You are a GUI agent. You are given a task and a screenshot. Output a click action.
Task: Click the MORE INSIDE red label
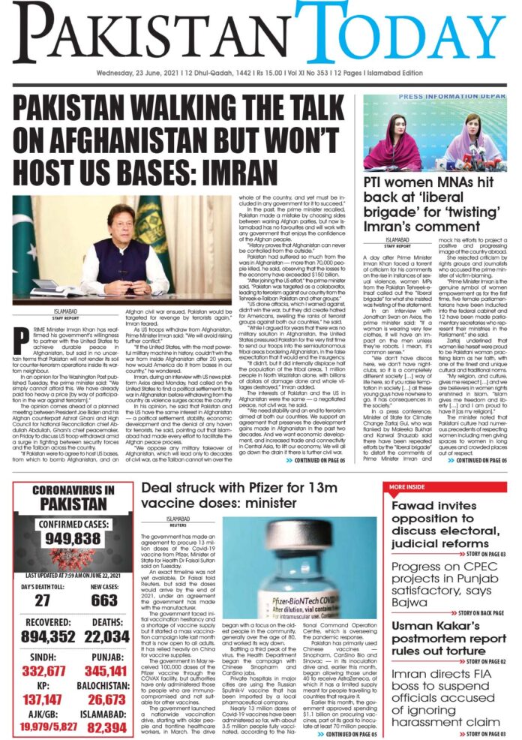[407, 488]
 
